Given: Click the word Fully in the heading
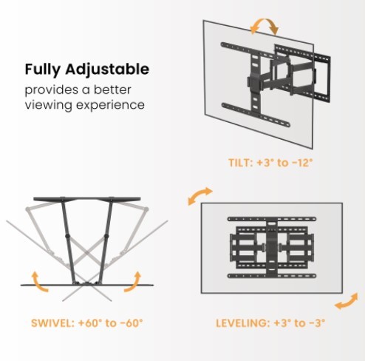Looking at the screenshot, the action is click(42, 70).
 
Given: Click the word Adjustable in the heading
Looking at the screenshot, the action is click(107, 70).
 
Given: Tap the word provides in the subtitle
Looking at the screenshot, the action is click(51, 90).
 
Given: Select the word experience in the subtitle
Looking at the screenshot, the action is click(110, 105).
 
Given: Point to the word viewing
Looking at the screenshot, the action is click(49, 105).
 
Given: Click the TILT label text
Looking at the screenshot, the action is click(240, 163).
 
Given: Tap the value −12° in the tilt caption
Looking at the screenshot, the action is click(302, 163).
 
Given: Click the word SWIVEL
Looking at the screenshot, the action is click(52, 323).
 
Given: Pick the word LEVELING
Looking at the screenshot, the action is click(242, 323).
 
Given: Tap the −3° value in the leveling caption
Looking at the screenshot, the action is click(315, 323).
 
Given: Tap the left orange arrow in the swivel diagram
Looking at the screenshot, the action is click(38, 283).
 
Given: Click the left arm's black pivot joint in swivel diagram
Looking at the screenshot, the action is click(67, 236).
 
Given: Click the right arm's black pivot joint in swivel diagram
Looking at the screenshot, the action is click(106, 236).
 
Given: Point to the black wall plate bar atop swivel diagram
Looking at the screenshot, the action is click(87, 199).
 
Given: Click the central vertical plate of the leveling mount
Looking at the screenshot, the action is click(272, 248).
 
